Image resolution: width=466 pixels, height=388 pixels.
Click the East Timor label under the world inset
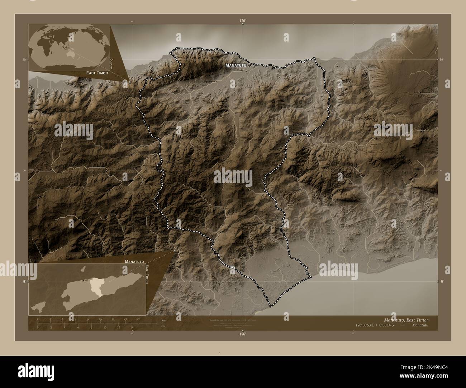point(97,73)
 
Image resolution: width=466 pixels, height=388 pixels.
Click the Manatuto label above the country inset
point(134,262)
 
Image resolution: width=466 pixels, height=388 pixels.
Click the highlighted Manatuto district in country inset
point(96,285)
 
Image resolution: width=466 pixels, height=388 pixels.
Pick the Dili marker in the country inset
point(83,280)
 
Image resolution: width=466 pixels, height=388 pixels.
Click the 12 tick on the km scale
point(87,319)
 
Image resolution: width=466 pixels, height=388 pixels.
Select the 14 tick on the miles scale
point(132,327)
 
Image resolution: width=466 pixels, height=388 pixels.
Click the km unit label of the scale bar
point(163,320)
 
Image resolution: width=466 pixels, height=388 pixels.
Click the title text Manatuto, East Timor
point(406,320)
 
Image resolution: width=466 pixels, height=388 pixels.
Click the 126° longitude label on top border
point(243,21)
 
